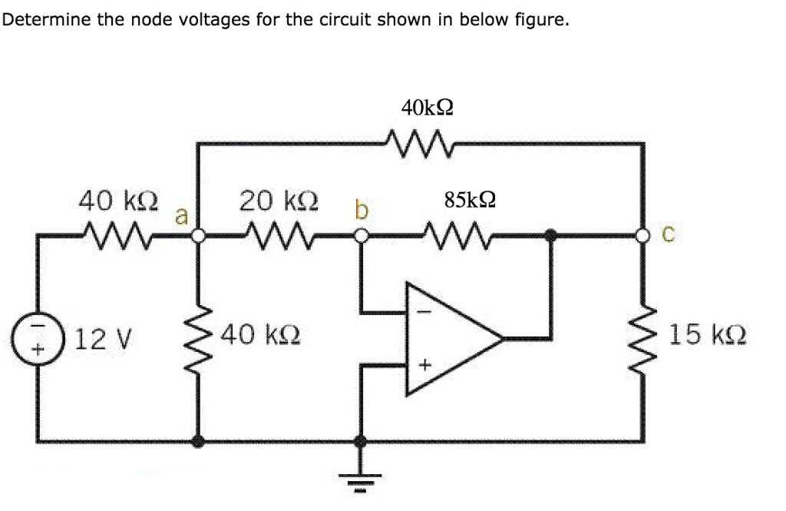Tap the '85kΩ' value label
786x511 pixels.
[x=469, y=201]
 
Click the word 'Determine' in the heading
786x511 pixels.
[x=46, y=19]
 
